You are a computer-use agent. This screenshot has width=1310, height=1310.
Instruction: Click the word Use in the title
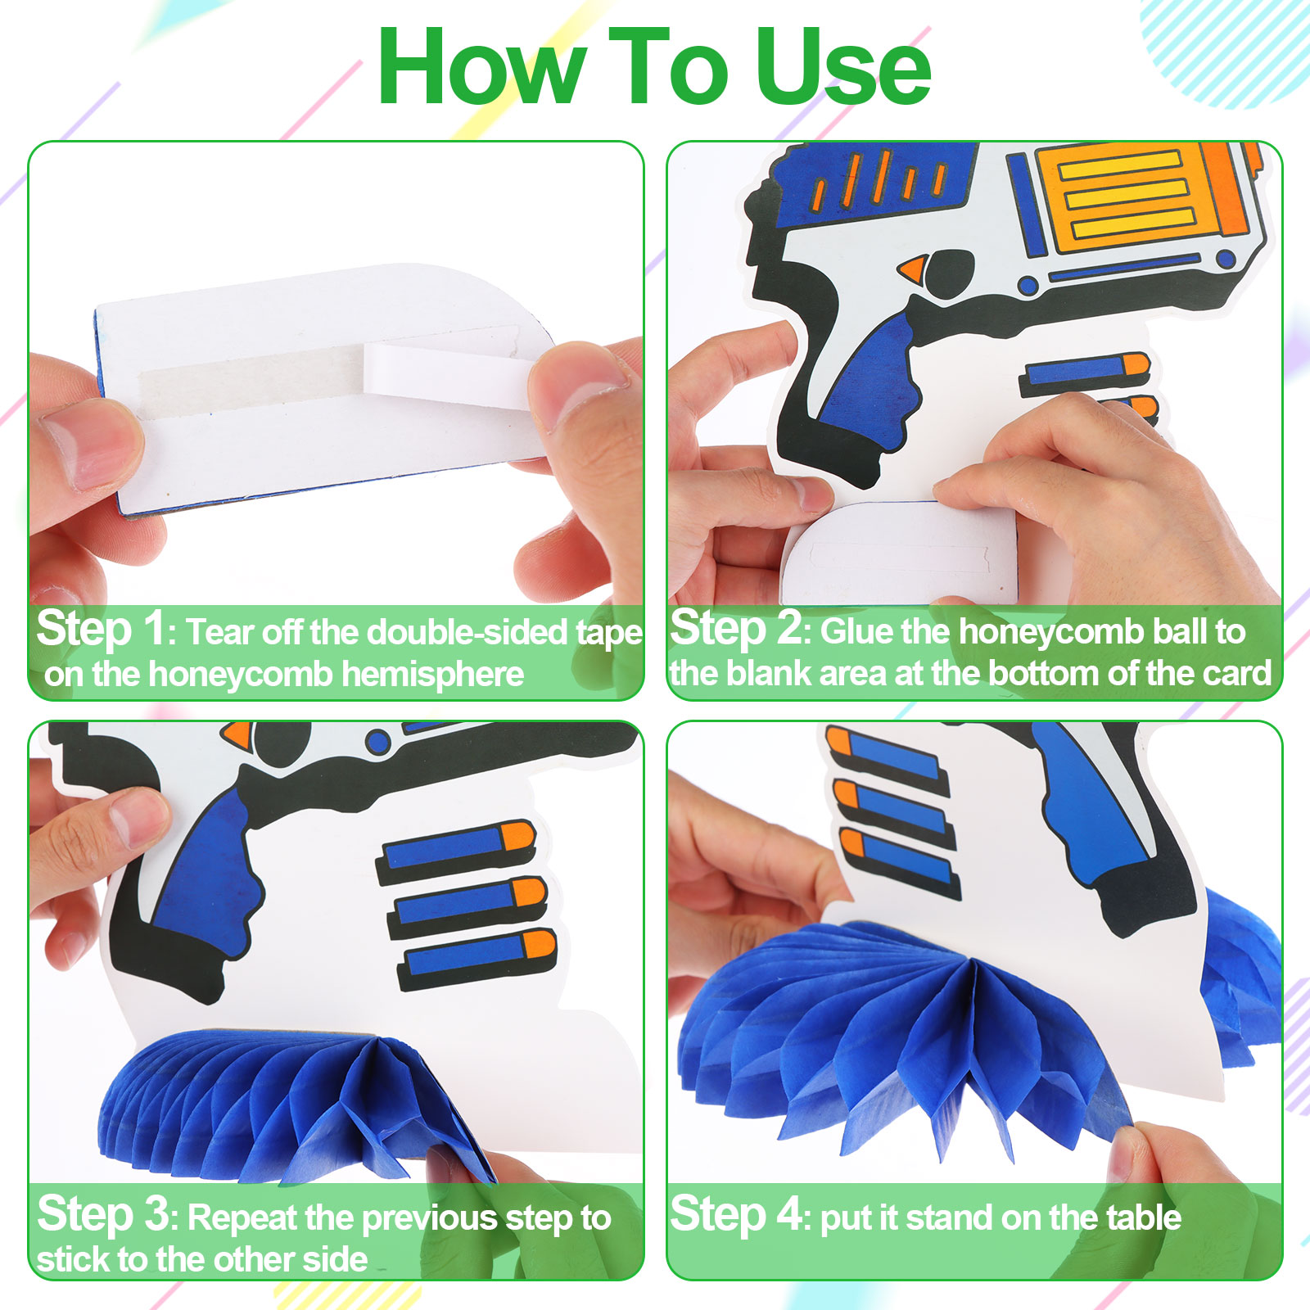point(842,67)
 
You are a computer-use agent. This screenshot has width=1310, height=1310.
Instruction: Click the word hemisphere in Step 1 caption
point(432,674)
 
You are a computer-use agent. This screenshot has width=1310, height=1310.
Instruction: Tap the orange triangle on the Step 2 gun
point(913,269)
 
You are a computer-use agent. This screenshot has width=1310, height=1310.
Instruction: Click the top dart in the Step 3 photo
point(456,851)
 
